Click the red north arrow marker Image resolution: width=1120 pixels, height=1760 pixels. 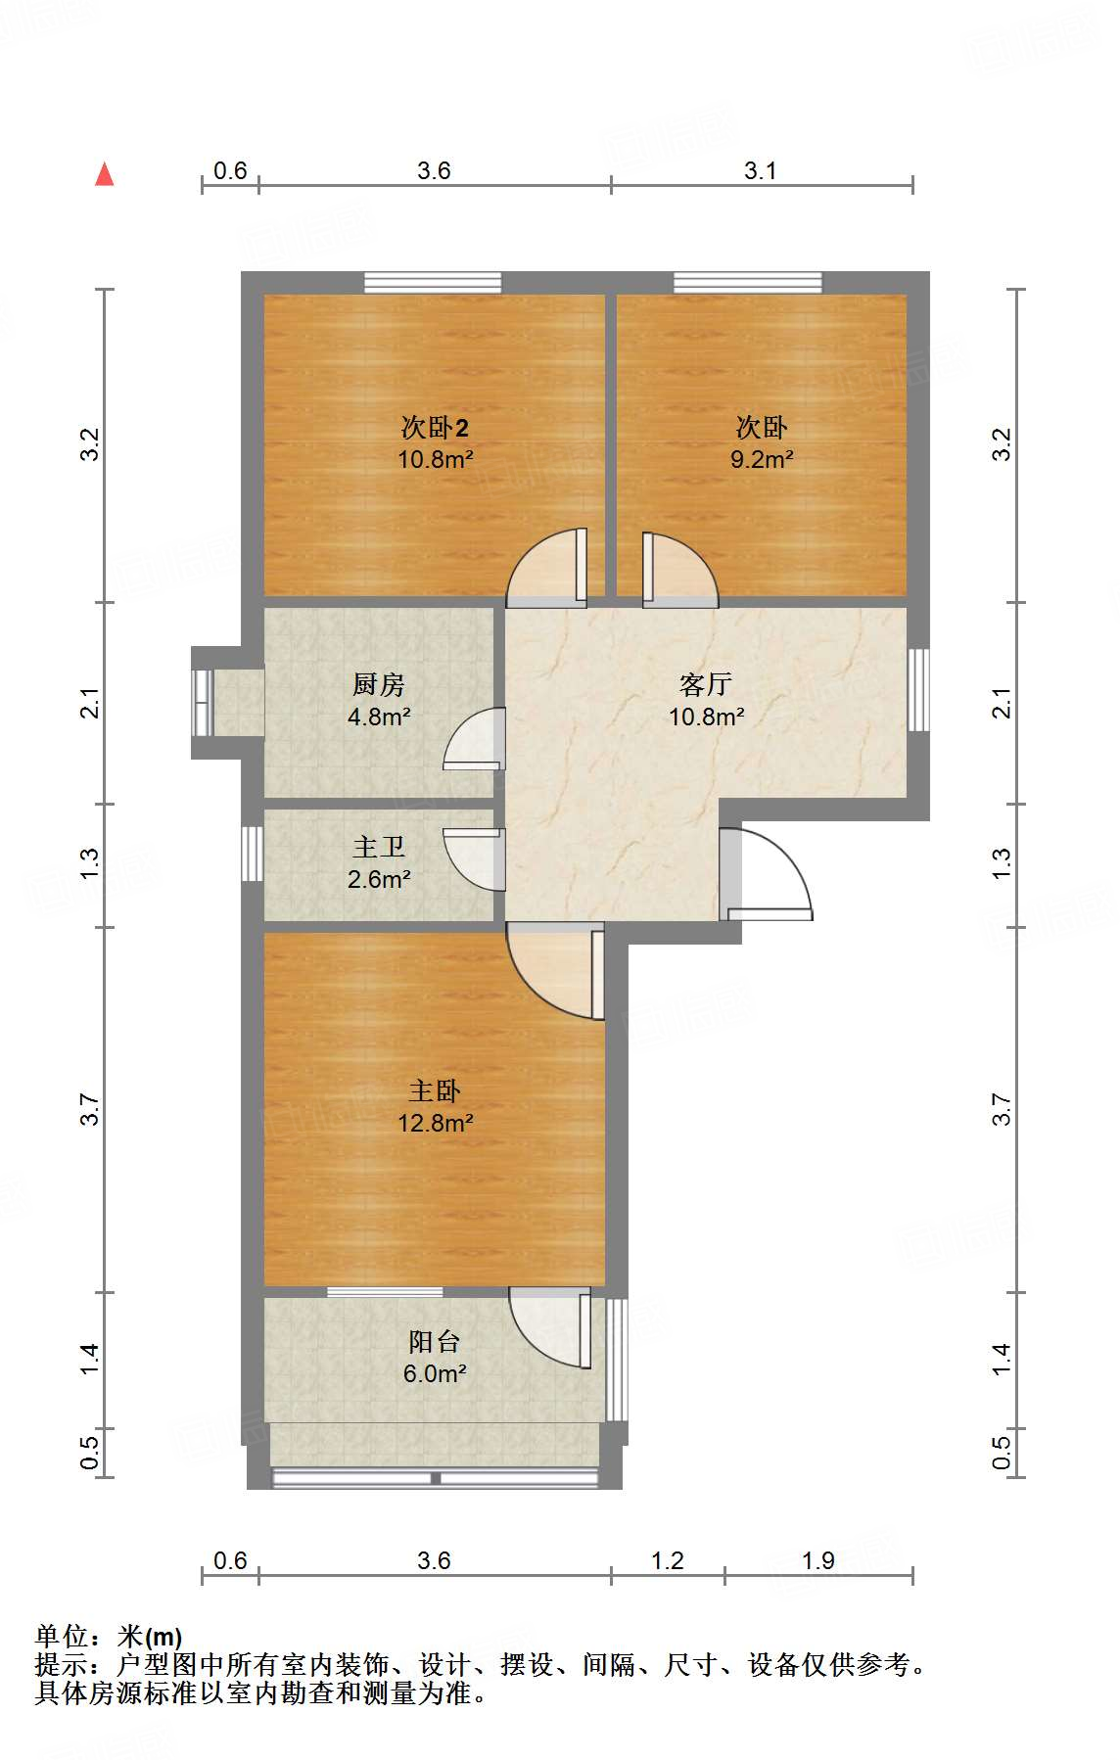(105, 174)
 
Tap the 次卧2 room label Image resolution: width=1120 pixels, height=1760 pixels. (435, 428)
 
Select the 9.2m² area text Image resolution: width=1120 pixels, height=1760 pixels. (761, 458)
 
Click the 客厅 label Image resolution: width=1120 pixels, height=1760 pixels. (705, 684)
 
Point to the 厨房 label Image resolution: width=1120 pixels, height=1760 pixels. (378, 684)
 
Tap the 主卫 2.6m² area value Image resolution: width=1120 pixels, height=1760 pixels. (378, 879)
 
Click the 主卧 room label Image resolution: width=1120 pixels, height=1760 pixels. (434, 1090)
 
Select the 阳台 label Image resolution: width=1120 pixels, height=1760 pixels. (434, 1341)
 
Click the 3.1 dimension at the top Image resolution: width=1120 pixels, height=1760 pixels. (760, 171)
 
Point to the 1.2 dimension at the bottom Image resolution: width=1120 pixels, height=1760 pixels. (667, 1560)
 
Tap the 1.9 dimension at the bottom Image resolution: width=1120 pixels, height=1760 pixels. (817, 1560)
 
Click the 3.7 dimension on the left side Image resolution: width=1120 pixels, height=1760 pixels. (90, 1109)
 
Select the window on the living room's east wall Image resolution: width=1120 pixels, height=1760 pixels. (917, 689)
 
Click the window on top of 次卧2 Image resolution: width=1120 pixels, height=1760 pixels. (433, 283)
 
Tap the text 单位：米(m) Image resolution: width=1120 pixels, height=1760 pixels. (109, 1636)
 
